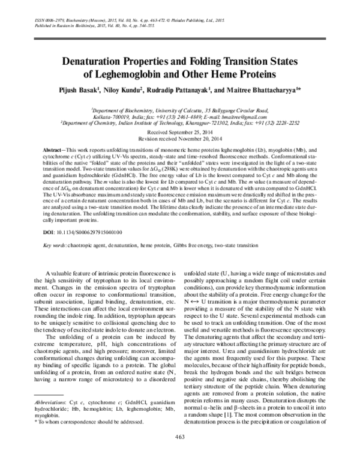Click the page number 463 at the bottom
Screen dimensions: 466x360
[180, 452]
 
